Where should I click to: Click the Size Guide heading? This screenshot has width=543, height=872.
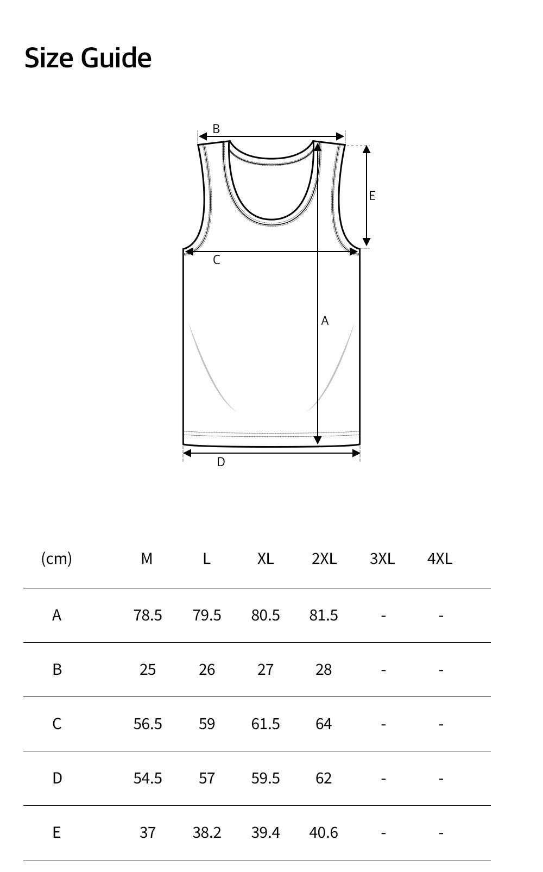coord(87,58)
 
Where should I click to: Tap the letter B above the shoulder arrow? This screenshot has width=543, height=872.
coord(216,129)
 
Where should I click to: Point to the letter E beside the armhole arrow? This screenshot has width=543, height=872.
coord(372,196)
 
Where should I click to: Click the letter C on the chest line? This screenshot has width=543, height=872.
coord(216,260)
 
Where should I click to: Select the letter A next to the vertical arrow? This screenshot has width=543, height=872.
coord(325,321)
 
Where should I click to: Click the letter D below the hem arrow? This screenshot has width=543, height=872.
coord(220,462)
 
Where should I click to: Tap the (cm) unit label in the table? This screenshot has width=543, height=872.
coord(56,559)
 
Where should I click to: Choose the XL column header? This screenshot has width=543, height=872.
coord(266,559)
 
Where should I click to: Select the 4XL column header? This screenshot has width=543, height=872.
coord(440,559)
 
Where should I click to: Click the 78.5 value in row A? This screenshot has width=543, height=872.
coord(148,615)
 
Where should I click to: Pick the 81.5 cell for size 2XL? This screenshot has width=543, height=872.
coord(324,615)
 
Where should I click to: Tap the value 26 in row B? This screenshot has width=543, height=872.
coord(207,669)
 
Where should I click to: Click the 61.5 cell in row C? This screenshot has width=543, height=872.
coord(266,724)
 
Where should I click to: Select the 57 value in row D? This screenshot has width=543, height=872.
coord(207,778)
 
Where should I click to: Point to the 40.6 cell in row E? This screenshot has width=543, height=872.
coord(324,832)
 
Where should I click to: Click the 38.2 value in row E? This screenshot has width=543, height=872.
coord(207,832)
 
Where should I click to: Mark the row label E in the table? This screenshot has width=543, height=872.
coord(56,832)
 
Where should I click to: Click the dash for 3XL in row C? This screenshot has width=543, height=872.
coord(383,724)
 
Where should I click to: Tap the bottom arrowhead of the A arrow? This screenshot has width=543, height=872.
coord(318,440)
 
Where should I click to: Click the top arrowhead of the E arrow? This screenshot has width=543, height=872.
coord(367,150)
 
